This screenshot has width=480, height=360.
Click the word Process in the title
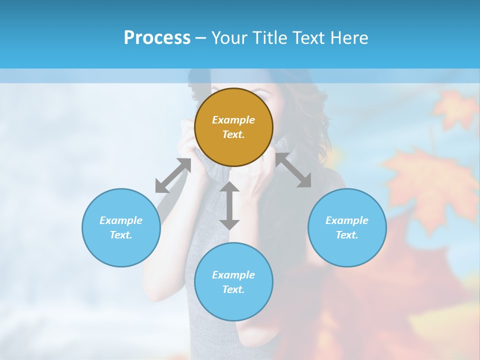pyautogui.click(x=157, y=38)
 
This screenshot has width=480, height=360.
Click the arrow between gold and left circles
pyautogui.click(x=173, y=175)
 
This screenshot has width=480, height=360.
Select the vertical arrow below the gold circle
pyautogui.click(x=229, y=205)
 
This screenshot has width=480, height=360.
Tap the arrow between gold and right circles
pyautogui.click(x=293, y=170)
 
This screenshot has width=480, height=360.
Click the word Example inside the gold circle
pyautogui.click(x=233, y=120)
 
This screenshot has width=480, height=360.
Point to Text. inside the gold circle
pyautogui.click(x=233, y=134)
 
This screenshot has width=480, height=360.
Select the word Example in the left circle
pyautogui.click(x=121, y=220)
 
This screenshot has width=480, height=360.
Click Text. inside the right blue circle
pyautogui.click(x=347, y=235)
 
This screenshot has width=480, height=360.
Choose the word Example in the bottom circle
pyautogui.click(x=233, y=275)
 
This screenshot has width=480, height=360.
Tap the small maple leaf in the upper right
pyautogui.click(x=455, y=108)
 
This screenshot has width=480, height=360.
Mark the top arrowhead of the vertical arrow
pyautogui.click(x=229, y=187)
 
